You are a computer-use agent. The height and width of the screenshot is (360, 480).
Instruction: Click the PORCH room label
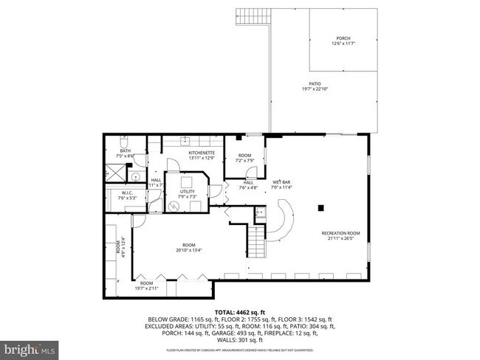pos(342,38)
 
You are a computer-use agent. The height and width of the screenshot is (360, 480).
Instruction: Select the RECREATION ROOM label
pos(339,233)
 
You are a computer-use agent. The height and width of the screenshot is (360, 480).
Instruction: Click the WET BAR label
pos(281,181)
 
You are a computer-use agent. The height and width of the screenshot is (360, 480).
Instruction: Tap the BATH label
pos(126,150)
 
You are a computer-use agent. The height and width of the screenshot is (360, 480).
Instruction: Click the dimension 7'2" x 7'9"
pos(245,160)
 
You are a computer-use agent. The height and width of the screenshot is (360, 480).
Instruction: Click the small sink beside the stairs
pos(259,213)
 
